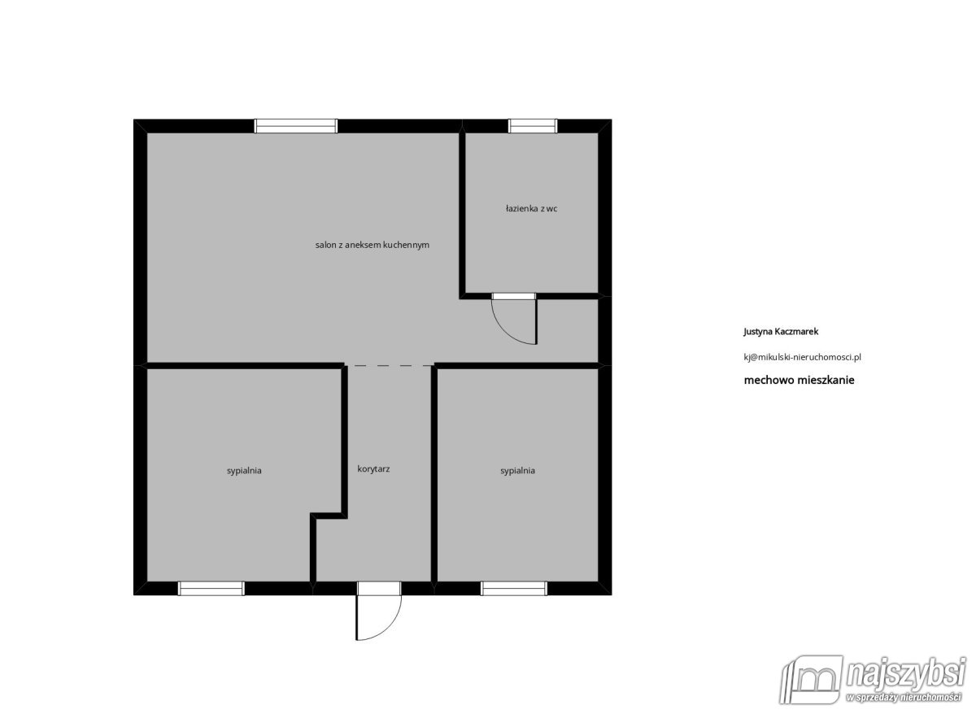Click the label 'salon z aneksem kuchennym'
coord(373,246)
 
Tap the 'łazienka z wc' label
coord(532,209)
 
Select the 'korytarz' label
coord(373,469)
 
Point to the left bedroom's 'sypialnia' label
coord(244,471)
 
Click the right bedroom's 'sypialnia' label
coord(517,471)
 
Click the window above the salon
coord(296,126)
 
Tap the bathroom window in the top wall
coord(533,126)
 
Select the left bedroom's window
coord(211,589)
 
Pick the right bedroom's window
coord(514,589)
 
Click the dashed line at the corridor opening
coord(389,365)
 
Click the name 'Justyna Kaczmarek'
coord(781,332)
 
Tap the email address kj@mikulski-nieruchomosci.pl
coord(802,357)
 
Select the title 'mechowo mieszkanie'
coord(799,381)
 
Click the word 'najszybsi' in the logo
coord(905,673)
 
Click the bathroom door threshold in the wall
coord(514,296)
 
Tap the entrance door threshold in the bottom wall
coord(379,589)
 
